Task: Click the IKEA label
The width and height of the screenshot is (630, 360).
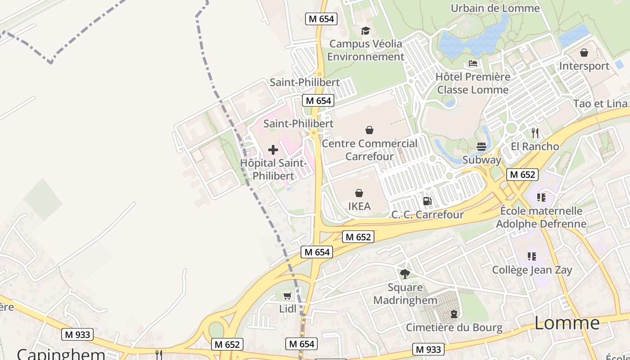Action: point(360,206)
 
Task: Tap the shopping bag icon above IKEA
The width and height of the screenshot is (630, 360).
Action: point(359,193)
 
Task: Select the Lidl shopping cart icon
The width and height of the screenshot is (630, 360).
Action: point(287,296)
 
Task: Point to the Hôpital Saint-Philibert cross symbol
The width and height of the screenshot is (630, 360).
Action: point(273,150)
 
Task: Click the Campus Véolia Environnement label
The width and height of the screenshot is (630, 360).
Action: point(366,50)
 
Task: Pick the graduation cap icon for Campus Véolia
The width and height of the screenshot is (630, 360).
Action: point(365,31)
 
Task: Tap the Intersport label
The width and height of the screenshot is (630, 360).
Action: point(584,66)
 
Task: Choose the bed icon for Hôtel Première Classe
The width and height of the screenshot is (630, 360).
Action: point(473,63)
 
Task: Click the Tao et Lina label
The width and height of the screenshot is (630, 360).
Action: point(600,103)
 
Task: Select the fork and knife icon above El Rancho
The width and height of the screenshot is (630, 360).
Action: point(535,133)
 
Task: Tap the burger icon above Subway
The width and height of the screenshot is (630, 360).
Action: point(481,146)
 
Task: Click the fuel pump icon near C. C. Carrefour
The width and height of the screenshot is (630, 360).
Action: point(427,201)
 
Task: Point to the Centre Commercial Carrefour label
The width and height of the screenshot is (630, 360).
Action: point(370,150)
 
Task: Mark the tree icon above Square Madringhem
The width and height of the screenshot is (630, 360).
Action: point(405,274)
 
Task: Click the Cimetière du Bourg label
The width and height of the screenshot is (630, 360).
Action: point(454,327)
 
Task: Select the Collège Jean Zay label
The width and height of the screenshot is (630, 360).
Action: point(532,270)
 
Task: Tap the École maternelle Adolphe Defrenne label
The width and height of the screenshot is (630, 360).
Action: point(541,217)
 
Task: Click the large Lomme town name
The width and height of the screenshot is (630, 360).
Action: point(567,323)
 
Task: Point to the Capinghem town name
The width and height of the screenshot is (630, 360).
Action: point(61,354)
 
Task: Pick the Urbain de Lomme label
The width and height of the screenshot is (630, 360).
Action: point(495,8)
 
